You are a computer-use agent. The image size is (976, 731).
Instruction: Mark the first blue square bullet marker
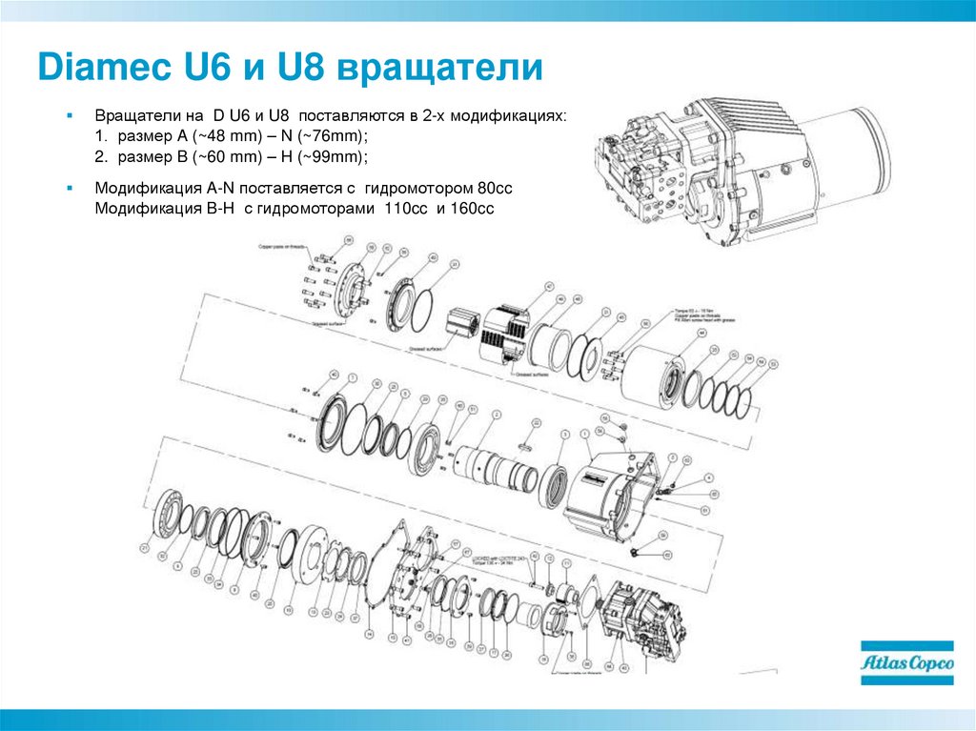pos(70,114)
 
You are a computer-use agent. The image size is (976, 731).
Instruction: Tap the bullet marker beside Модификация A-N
pos(70,190)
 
